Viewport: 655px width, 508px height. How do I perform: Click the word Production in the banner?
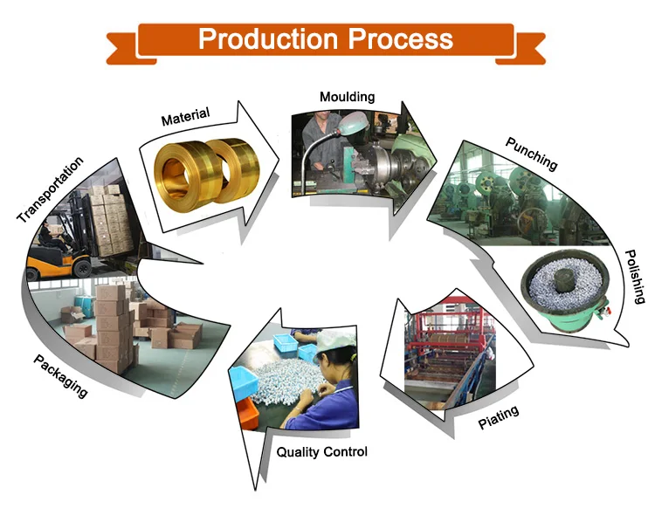point(268,39)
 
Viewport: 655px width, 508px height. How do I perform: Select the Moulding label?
point(347,97)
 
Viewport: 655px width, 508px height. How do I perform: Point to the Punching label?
point(531,153)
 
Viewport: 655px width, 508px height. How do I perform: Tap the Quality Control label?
point(321,452)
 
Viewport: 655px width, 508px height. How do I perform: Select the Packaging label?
point(61,376)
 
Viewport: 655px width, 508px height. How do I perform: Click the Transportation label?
point(51,189)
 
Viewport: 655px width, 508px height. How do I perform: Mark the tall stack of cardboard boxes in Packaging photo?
point(113,327)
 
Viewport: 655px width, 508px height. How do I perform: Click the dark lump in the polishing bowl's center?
point(560,281)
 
